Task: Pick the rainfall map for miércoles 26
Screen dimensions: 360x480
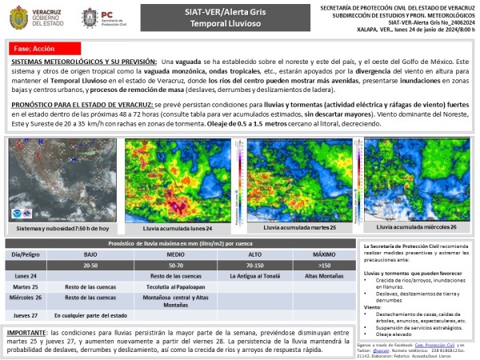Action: coord(417,180)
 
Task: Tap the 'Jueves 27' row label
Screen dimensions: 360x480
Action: coord(26,314)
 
